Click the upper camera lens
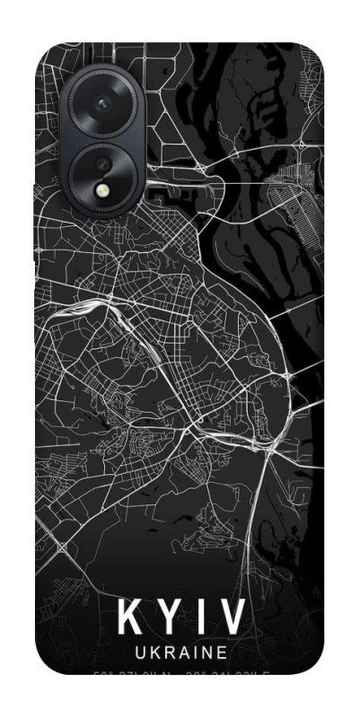tap(103, 105)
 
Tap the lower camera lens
tap(104, 167)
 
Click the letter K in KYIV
tap(132, 618)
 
